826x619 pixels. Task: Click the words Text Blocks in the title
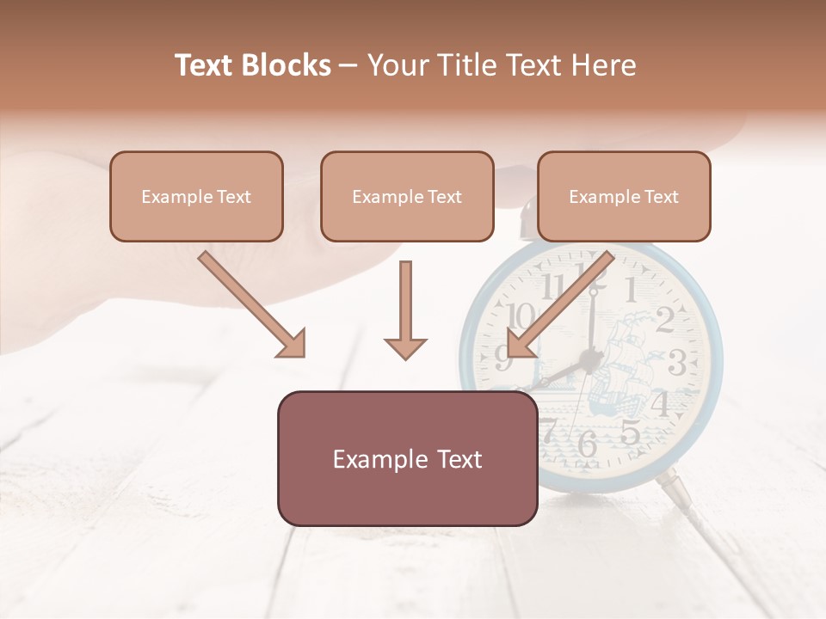coord(253,65)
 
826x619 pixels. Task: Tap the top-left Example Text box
coord(196,196)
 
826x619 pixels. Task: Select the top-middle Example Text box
coord(407,196)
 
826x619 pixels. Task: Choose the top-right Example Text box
coord(624,196)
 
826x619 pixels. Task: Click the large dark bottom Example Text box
coord(407,458)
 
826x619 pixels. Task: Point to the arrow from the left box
coord(252,304)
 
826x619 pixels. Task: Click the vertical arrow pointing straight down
coord(405,309)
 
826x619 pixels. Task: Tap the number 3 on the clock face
coord(677,364)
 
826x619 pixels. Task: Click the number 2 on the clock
coord(664,321)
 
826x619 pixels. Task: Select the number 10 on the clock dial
coord(521,316)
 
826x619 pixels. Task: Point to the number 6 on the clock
coord(588,444)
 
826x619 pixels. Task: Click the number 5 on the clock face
coord(630,432)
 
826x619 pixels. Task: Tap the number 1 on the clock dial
coord(631,290)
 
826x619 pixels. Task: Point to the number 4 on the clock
coord(661,402)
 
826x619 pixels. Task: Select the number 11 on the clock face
coord(553,286)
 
